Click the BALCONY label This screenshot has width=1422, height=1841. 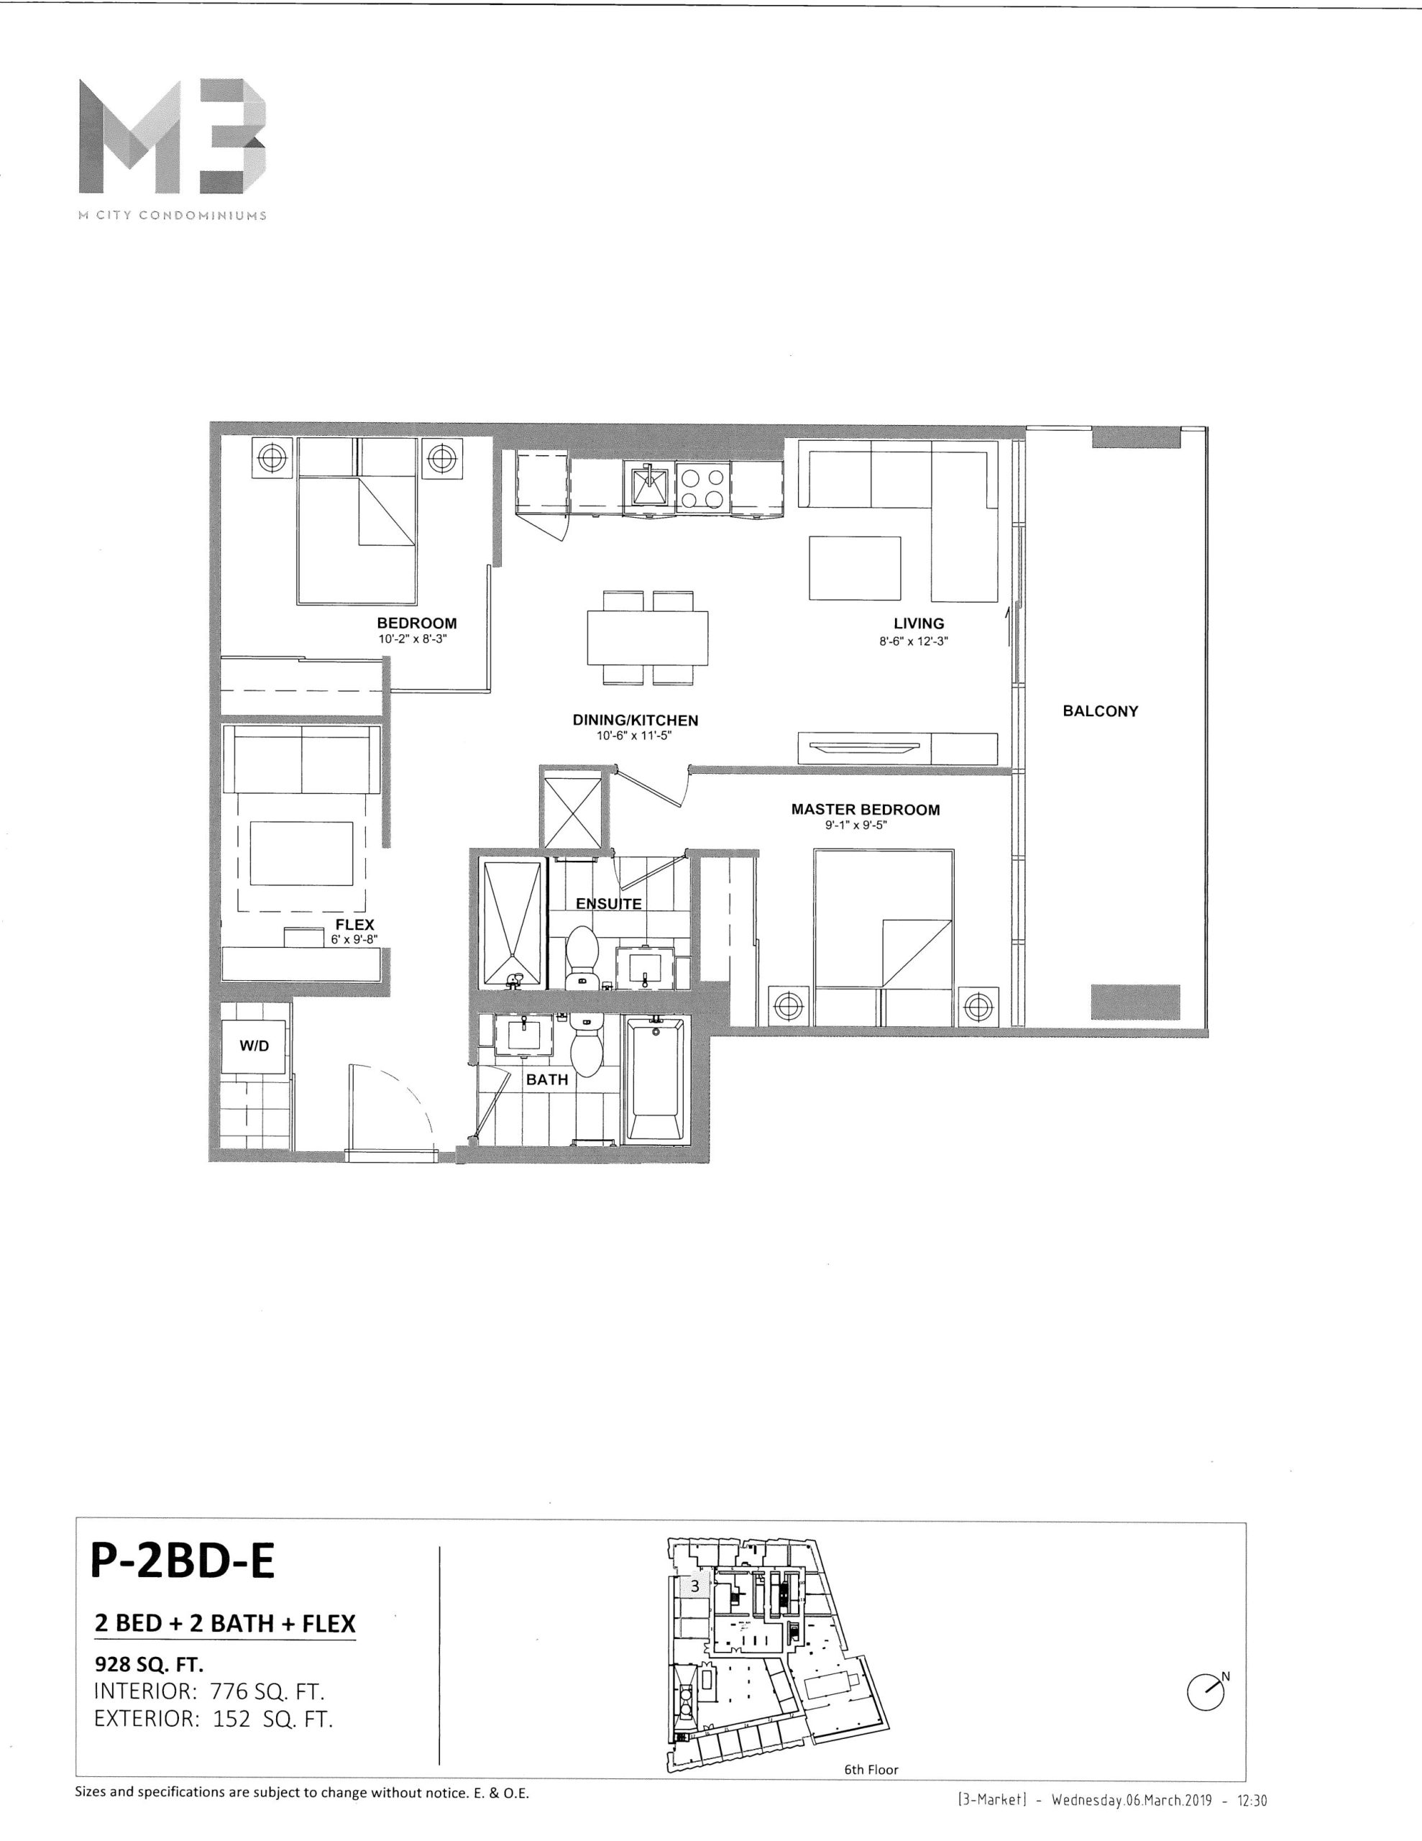click(x=1100, y=711)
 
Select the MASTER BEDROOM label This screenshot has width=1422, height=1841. click(x=865, y=809)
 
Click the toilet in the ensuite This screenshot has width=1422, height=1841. click(x=580, y=956)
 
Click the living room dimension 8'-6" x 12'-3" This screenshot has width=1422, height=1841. click(x=919, y=641)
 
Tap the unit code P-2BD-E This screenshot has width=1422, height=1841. click(x=182, y=1561)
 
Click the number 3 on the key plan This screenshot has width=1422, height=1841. click(x=694, y=1586)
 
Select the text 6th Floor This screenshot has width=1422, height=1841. click(x=871, y=1769)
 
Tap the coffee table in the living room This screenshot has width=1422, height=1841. click(x=855, y=567)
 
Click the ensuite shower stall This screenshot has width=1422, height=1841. click(x=511, y=923)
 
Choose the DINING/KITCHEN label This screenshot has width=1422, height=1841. click(x=636, y=720)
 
